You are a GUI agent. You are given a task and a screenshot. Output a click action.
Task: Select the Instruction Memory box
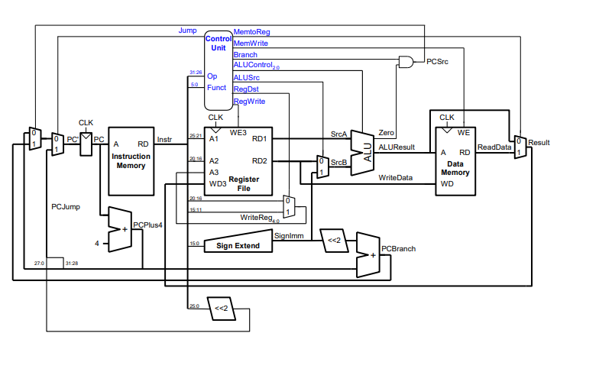(131, 160)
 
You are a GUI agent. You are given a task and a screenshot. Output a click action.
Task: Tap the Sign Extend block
(238, 245)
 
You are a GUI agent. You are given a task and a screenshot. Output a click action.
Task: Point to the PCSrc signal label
(437, 62)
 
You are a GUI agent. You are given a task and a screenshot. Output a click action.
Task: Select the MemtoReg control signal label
(251, 32)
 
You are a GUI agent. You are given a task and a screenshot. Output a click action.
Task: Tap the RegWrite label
(249, 101)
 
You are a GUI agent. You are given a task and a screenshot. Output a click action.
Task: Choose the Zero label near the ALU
(387, 133)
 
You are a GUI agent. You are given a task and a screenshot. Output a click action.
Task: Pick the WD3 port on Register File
(218, 183)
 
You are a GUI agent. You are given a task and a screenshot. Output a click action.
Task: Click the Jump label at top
(187, 31)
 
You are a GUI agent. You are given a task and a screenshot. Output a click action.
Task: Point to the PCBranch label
(398, 249)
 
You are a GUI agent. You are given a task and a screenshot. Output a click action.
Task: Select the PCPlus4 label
(148, 225)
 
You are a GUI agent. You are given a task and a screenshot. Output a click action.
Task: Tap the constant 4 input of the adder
(97, 243)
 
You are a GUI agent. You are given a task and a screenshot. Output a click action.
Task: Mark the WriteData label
(396, 178)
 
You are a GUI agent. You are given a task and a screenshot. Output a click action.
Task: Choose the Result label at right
(539, 142)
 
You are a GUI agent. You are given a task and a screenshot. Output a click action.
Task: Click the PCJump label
(66, 206)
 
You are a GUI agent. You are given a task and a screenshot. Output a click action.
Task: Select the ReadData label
(494, 147)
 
